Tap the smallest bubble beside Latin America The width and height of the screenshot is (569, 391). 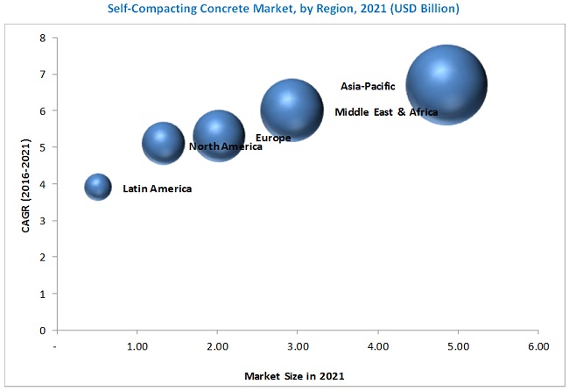98,187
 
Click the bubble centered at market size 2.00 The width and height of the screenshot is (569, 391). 218,136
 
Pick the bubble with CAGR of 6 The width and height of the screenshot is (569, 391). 292,110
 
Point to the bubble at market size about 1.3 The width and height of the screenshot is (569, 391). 163,144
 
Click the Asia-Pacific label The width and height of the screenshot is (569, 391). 368,87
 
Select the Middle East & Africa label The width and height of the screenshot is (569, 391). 386,112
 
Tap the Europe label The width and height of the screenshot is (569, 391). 273,138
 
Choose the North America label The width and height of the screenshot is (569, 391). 225,146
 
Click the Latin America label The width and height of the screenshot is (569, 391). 157,188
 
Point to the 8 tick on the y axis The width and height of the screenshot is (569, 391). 42,39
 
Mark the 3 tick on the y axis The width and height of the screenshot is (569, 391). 42,221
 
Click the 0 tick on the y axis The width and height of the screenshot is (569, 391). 42,331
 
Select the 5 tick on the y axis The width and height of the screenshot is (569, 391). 42,148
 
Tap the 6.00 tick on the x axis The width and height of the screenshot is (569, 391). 537,347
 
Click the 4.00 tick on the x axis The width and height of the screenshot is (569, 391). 377,347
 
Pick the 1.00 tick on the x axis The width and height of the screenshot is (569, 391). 137,347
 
